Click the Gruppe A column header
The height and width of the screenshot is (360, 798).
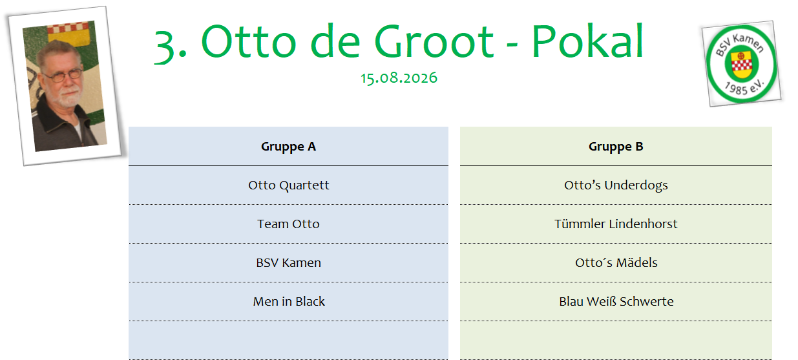(x=288, y=147)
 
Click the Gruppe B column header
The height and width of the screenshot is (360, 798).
(x=616, y=147)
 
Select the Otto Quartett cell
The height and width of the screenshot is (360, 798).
(x=289, y=185)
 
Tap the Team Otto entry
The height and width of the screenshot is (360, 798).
(x=288, y=224)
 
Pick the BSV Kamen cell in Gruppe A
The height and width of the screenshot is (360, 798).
(x=288, y=262)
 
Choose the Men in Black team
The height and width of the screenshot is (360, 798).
(x=289, y=302)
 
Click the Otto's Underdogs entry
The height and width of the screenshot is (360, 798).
(x=616, y=185)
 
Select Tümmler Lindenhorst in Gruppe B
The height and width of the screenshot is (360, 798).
(x=616, y=224)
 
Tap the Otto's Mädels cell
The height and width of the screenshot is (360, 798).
(x=616, y=262)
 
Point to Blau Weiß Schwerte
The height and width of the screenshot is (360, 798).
(x=616, y=302)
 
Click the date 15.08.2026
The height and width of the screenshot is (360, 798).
(x=399, y=78)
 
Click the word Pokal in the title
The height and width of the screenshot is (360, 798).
(x=588, y=41)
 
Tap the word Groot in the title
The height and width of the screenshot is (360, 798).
(x=434, y=41)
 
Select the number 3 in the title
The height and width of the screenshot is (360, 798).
(x=165, y=47)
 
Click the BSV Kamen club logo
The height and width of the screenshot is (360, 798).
(x=742, y=64)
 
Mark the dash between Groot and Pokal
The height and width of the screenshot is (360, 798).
(x=512, y=47)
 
